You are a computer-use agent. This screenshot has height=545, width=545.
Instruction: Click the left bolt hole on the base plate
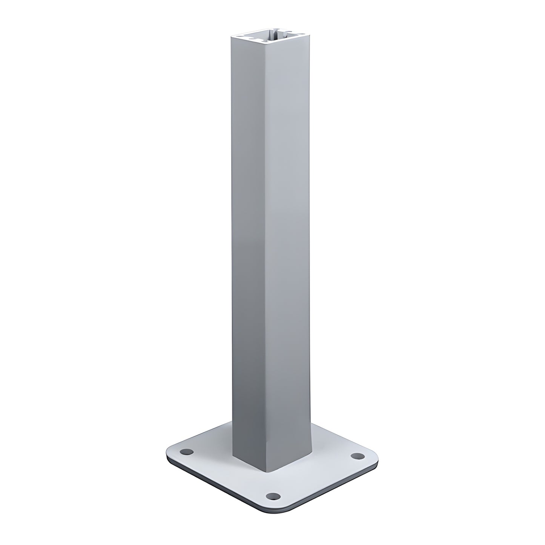coord(186,451)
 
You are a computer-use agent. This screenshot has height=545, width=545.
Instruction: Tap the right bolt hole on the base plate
coord(356,456)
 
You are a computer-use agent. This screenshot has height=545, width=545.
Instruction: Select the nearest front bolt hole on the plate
coord(270,495)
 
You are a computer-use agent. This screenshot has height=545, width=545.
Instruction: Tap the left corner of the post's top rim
coord(231,37)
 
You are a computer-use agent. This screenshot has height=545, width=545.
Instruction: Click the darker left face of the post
coord(249,245)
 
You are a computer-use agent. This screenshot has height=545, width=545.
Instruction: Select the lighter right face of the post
coord(290,245)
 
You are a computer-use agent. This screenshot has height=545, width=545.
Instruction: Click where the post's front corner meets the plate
coord(267,471)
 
